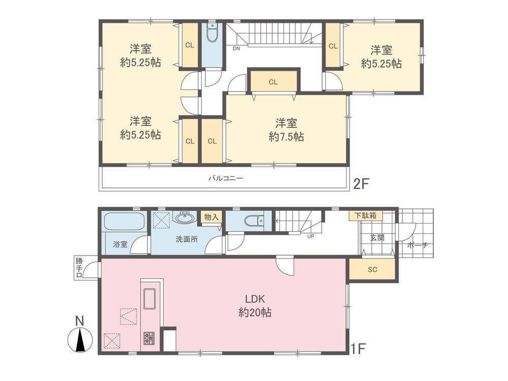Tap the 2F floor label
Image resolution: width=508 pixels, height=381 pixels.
tap(361, 184)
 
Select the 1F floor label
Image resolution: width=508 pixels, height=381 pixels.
tap(358, 348)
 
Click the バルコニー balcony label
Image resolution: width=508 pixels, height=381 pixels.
tap(226, 178)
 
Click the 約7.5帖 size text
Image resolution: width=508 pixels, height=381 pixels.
tap(287, 137)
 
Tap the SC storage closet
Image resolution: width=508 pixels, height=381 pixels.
tap(372, 269)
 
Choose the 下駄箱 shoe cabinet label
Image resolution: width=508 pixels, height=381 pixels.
tap(365, 215)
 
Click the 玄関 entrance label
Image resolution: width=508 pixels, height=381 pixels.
tap(377, 237)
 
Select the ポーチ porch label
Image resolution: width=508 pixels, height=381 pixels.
tap(417, 245)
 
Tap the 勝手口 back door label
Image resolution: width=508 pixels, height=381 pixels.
tap(79, 268)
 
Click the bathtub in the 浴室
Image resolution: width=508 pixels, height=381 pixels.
tap(125, 221)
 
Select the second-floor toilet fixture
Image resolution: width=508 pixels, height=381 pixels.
tap(212, 33)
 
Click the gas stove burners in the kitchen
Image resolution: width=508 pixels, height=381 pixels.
tap(149, 338)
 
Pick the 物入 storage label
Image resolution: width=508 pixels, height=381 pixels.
tap(211, 217)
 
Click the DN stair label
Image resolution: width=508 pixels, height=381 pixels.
tap(236, 49)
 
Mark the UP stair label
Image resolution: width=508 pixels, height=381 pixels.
tap(310, 236)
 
